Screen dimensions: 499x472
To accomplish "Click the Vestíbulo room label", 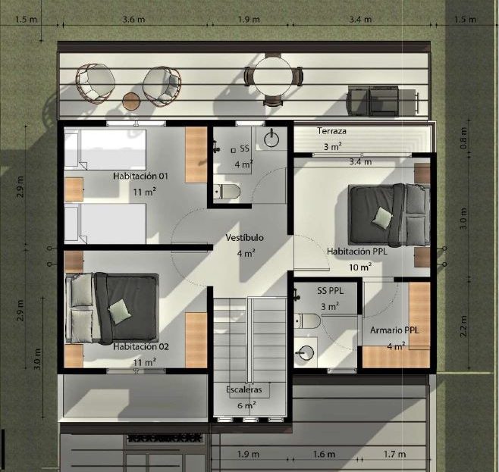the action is (x=244, y=237).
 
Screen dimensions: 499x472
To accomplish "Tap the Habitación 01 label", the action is (x=140, y=176).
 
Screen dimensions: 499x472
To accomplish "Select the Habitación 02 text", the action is (x=140, y=346).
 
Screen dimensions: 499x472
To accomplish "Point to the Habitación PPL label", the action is (x=357, y=252).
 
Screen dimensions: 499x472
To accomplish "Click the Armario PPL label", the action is (x=394, y=330).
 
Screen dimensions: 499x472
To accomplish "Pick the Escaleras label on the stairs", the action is (x=244, y=389).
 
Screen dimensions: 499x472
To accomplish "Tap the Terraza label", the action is (x=331, y=131).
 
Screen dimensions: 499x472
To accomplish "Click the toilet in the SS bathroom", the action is (x=227, y=192).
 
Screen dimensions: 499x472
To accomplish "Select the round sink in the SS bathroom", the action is (x=271, y=139).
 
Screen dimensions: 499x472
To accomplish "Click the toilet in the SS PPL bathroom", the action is (x=307, y=321).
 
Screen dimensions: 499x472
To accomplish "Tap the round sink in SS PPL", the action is (x=306, y=352).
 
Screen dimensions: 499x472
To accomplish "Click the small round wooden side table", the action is (x=131, y=102).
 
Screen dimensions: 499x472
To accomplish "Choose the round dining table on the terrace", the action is (x=273, y=77).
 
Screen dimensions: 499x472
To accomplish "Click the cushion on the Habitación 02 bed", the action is (x=120, y=311).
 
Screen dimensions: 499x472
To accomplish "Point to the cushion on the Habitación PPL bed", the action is (x=382, y=217).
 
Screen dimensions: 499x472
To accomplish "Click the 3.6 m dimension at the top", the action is (x=134, y=20).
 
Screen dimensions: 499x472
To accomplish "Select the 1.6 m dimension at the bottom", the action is (x=324, y=455).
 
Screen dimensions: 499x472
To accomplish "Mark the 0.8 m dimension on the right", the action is (x=463, y=138).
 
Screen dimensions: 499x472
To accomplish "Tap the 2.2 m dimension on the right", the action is (x=463, y=326).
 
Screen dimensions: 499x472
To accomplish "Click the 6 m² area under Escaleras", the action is (x=246, y=405).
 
